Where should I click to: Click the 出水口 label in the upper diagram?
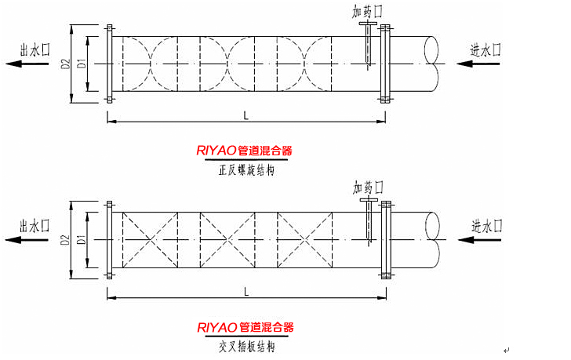tap(35, 50)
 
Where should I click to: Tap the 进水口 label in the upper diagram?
tap(486, 50)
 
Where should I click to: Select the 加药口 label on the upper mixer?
tap(367, 12)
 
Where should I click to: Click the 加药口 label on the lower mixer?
tap(368, 187)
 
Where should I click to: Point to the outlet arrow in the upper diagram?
tap(27, 64)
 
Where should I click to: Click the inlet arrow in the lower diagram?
tap(479, 240)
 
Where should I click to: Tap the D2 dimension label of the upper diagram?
tap(66, 64)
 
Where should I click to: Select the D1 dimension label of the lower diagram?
tap(82, 239)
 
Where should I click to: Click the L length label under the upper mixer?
tap(246, 116)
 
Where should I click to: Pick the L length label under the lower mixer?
tap(246, 292)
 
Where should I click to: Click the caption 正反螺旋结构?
tap(246, 170)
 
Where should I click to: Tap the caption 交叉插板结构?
tap(247, 347)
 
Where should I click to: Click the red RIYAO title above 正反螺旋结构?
tap(245, 151)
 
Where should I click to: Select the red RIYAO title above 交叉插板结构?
tap(245, 327)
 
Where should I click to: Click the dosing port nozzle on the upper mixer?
tap(368, 45)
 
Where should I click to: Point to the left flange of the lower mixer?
tap(109, 240)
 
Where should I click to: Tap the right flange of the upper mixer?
tap(385, 64)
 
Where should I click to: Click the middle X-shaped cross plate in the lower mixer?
tap(227, 240)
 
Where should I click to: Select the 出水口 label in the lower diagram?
tap(35, 226)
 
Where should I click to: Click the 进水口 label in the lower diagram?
tap(487, 226)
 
